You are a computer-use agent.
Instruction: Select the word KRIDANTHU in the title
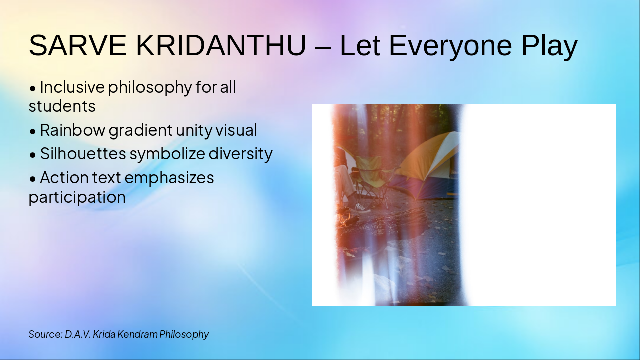click(221, 46)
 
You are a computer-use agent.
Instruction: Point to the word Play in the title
click(549, 46)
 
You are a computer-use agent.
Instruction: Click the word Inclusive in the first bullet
click(72, 87)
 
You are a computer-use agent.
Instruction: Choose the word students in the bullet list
click(62, 106)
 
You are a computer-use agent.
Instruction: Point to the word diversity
click(240, 154)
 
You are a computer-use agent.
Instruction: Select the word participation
click(77, 197)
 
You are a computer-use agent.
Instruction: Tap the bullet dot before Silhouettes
click(33, 155)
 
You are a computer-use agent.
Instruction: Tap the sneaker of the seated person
click(362, 207)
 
